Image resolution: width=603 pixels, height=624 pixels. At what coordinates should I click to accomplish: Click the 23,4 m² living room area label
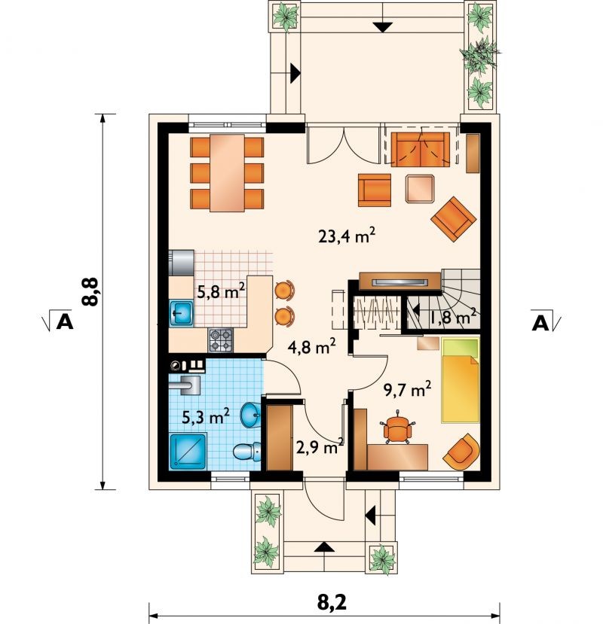click(347, 236)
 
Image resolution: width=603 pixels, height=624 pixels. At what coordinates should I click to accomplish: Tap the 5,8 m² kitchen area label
click(221, 292)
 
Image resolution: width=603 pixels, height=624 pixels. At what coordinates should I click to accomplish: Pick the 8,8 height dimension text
click(90, 292)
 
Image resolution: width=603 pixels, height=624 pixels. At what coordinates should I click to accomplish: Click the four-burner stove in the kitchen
click(220, 340)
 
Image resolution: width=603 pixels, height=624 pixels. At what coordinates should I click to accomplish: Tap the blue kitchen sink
click(182, 314)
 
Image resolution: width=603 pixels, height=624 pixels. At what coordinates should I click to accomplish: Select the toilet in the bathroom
click(246, 452)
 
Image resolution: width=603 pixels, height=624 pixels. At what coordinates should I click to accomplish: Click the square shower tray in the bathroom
click(188, 452)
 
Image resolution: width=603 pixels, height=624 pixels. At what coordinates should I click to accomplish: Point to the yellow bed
click(460, 380)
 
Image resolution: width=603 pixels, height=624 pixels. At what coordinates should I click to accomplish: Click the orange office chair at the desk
click(397, 428)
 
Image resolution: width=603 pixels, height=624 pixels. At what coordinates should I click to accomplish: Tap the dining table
click(227, 173)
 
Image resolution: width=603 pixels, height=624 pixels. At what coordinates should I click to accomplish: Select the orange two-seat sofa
click(420, 149)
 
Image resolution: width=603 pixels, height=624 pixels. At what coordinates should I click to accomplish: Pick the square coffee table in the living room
click(420, 188)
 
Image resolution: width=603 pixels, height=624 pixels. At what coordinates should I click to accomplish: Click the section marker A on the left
click(65, 321)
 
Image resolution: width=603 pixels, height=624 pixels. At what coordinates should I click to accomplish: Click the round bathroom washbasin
click(250, 415)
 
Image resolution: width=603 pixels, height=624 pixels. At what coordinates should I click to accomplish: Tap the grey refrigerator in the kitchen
click(182, 263)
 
